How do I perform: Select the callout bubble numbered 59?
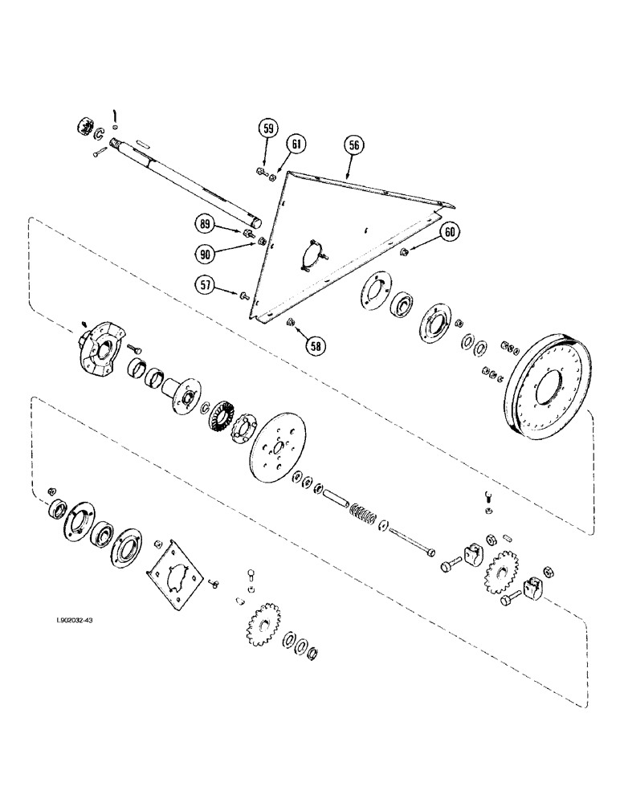pos(269,128)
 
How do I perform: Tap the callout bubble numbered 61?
pos(296,145)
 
